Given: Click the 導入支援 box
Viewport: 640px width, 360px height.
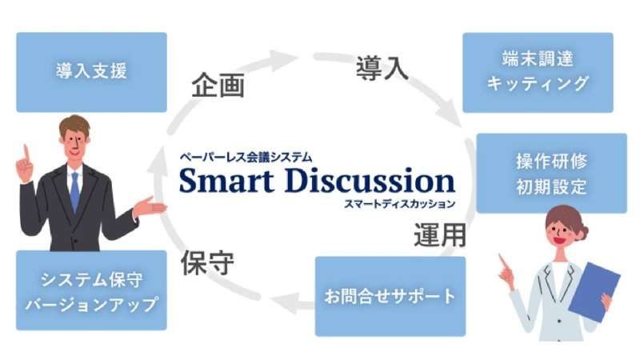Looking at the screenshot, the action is [x=91, y=72].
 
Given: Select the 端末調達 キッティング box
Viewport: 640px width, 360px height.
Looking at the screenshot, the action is [x=538, y=73].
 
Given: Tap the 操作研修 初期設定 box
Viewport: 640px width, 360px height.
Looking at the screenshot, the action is [x=551, y=173].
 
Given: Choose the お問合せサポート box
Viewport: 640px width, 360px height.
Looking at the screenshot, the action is [x=390, y=296].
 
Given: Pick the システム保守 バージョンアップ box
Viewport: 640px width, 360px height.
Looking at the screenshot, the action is [x=91, y=290].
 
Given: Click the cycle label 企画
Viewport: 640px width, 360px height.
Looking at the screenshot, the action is [x=218, y=86].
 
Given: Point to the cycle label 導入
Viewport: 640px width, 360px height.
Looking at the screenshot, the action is [x=382, y=68].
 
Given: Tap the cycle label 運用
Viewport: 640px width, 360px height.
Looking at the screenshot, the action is [x=440, y=235].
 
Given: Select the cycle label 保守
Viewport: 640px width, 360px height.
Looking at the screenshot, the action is [x=207, y=263].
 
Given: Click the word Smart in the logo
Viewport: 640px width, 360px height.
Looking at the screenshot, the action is [x=226, y=180].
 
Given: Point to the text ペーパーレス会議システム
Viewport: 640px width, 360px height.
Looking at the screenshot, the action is [x=246, y=157].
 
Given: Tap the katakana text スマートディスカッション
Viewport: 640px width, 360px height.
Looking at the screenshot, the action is [x=399, y=203].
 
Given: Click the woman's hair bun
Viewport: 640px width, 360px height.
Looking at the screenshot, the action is [x=583, y=233].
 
